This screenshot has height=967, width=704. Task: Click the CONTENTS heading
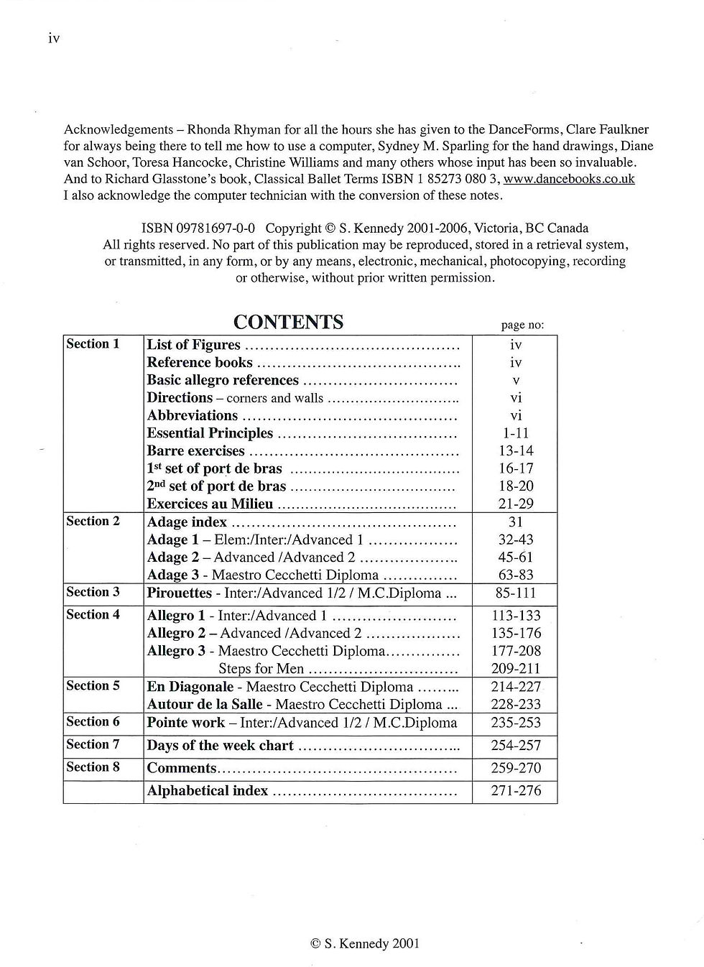[x=288, y=322]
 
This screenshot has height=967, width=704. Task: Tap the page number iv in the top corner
[x=54, y=39]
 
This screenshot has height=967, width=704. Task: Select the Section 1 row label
[x=93, y=344]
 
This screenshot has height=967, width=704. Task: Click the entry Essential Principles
[x=210, y=433]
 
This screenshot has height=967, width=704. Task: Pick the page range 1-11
[x=515, y=433]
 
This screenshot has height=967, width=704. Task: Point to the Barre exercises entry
[x=195, y=451]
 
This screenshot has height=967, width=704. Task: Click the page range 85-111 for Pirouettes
[x=515, y=593]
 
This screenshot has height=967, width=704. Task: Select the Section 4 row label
[x=93, y=615]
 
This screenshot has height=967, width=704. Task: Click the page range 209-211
[x=515, y=669]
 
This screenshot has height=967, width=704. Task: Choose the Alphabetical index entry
[x=207, y=791]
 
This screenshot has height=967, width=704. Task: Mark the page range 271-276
[x=515, y=791]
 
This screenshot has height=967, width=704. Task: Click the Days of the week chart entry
[x=220, y=746]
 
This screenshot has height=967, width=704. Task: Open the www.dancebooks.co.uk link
[x=569, y=179]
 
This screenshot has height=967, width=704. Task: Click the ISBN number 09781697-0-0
[x=198, y=228]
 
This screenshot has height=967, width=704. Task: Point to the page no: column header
[x=522, y=325]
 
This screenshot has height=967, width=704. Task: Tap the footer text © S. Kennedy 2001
[x=364, y=944]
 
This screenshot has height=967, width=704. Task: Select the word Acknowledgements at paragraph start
[x=118, y=130]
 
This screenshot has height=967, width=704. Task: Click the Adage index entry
[x=187, y=522]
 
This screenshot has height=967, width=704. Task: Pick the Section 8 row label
[x=93, y=767]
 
